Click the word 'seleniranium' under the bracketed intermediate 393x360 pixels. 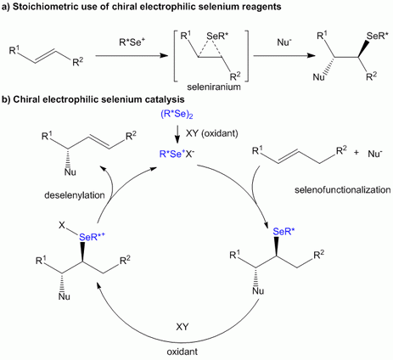(214, 87)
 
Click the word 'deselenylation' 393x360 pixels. (75, 195)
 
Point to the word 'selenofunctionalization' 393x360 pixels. (343, 189)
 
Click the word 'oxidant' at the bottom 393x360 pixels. (182, 352)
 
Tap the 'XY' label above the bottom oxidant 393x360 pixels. (182, 327)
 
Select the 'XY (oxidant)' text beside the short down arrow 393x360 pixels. (211, 133)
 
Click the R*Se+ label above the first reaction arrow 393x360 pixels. (130, 44)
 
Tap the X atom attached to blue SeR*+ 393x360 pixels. (62, 226)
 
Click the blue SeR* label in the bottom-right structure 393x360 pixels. (284, 232)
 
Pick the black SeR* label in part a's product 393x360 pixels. (378, 37)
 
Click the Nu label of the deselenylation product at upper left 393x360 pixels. (70, 172)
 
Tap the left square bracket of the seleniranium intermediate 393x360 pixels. (175, 56)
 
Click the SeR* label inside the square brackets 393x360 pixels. (217, 36)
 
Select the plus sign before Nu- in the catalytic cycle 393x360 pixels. (357, 153)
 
